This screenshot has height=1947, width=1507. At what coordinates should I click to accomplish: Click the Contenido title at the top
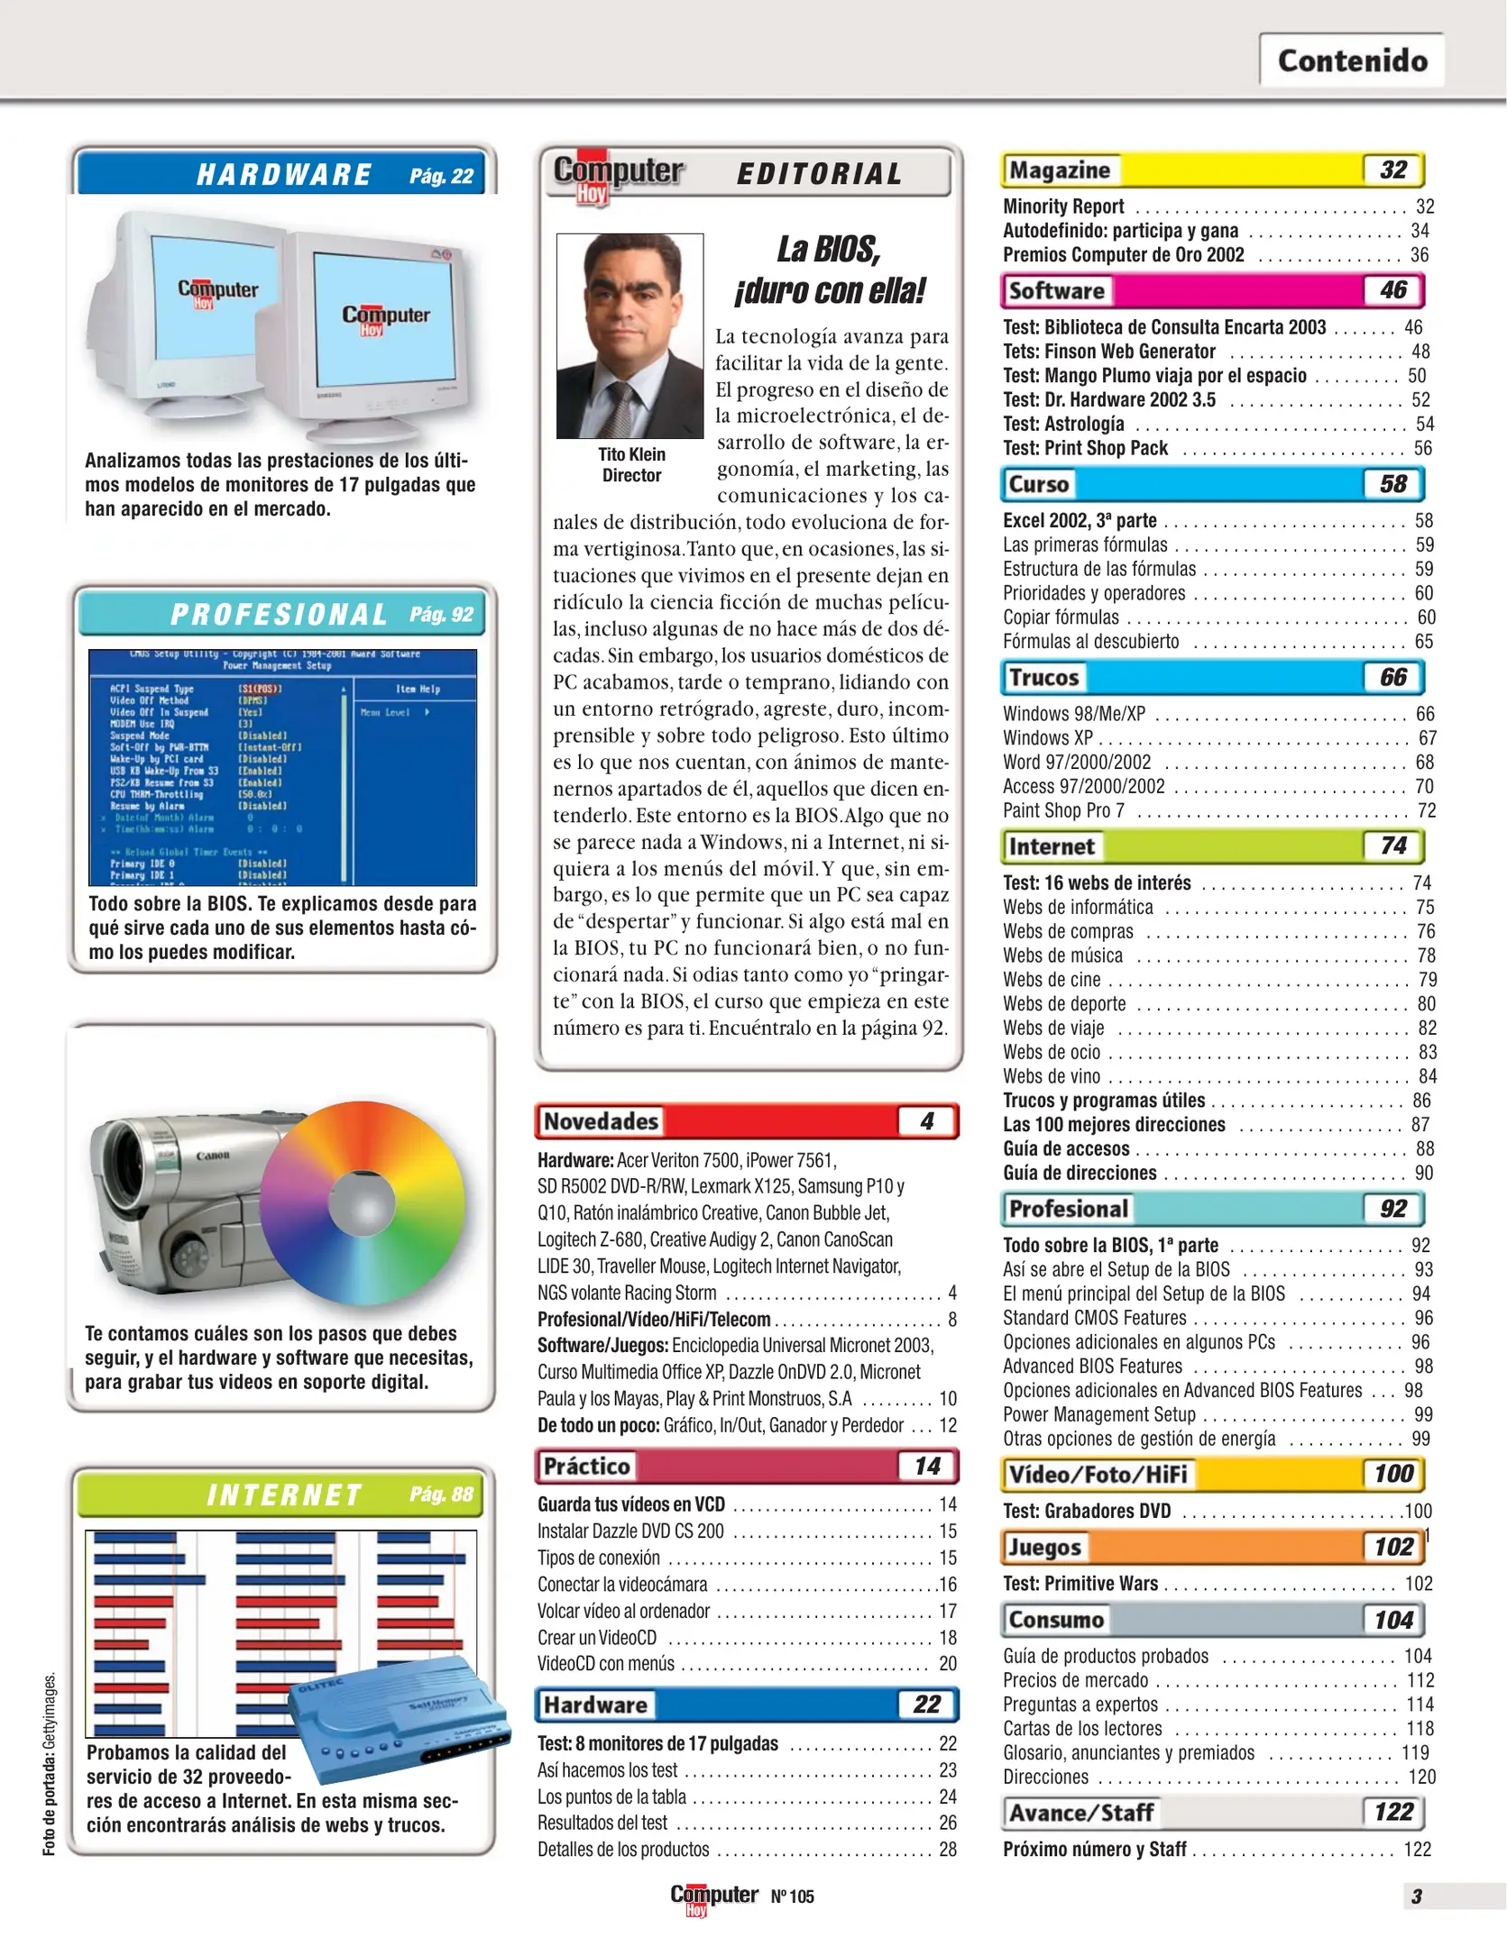click(x=1352, y=60)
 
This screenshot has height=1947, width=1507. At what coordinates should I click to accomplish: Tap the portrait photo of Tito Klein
click(x=629, y=335)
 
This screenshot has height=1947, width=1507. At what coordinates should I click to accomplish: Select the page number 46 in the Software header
click(x=1392, y=290)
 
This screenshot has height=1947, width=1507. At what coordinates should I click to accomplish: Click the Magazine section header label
click(x=1060, y=170)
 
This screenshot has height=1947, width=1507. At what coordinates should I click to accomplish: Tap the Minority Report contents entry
click(x=1064, y=206)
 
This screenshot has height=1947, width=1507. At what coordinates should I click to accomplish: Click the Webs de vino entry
click(x=1052, y=1076)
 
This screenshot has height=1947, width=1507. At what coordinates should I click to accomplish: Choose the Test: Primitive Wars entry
click(x=1080, y=1584)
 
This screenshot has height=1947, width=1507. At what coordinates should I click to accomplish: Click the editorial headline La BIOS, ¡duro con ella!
click(x=830, y=270)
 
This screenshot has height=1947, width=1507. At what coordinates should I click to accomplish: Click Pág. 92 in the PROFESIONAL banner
click(x=441, y=615)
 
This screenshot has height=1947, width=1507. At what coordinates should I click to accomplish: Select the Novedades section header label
click(x=601, y=1121)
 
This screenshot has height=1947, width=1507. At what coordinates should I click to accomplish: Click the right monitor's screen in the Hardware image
click(x=384, y=315)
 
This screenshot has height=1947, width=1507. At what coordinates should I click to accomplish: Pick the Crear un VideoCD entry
click(x=597, y=1638)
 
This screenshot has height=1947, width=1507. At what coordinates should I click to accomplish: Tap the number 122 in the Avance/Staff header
click(x=1392, y=1812)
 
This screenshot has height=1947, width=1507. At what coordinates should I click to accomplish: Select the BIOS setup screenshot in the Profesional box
click(x=282, y=767)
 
